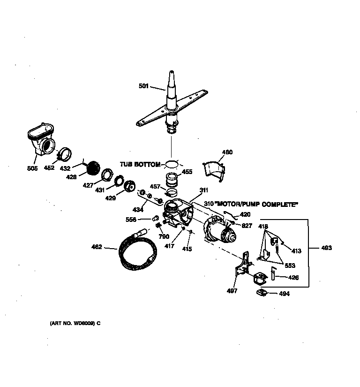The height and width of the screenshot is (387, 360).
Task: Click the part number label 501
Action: [143, 86]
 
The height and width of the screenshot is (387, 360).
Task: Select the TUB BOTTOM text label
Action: [140, 164]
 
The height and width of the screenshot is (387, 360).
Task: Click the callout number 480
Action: [227, 152]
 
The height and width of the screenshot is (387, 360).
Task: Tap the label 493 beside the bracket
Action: [326, 248]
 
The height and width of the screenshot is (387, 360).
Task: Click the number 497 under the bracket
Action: [232, 291]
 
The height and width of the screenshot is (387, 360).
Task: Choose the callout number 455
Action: [187, 172]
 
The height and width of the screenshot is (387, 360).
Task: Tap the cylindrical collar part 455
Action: [172, 180]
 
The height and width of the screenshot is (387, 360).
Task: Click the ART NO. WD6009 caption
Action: [75, 323]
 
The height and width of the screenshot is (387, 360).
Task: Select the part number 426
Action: [293, 277]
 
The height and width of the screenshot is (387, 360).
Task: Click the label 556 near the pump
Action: [131, 219]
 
